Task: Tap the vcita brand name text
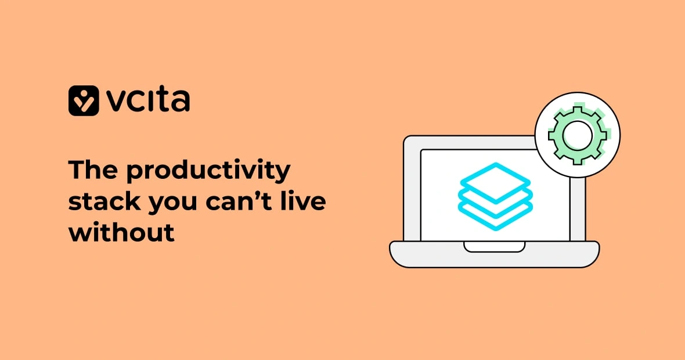(x=149, y=100)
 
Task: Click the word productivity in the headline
(x=209, y=172)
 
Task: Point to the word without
(x=121, y=232)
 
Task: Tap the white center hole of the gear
(x=577, y=135)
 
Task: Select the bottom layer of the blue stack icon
(x=495, y=217)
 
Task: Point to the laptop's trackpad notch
(x=494, y=247)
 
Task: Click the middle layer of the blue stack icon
(x=495, y=200)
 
